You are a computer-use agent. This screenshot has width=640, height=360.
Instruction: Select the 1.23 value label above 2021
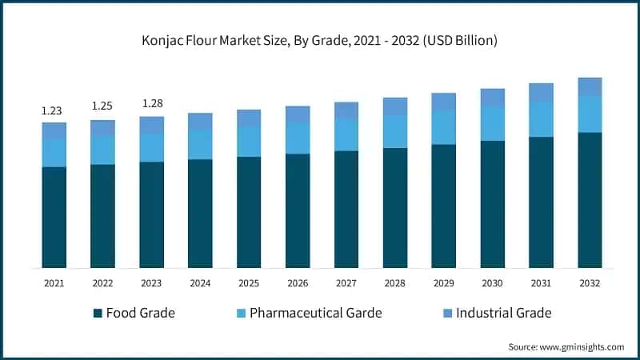coord(54,111)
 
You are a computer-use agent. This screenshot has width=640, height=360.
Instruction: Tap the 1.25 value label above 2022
coord(102,106)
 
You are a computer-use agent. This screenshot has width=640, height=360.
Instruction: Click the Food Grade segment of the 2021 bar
coord(54,217)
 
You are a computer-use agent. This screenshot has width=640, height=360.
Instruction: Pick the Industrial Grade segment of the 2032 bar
coord(590,86)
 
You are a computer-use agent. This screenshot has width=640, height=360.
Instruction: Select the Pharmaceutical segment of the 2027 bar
coord(346,134)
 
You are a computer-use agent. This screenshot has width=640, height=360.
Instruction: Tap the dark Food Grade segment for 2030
coord(492,204)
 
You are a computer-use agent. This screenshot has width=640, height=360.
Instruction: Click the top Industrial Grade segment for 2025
coord(249,118)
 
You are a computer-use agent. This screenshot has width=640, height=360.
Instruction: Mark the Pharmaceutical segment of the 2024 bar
coord(200,144)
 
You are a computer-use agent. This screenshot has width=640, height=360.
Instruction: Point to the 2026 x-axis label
coord(298,282)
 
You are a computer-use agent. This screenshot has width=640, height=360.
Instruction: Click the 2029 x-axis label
coord(443,282)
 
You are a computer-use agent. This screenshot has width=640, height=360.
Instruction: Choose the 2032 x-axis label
coord(590,282)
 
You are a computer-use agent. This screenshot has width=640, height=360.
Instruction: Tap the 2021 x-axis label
coord(54,282)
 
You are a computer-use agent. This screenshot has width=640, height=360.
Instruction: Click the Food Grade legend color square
coord(98,313)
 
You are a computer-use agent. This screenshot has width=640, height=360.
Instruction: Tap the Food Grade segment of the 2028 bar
coord(394,207)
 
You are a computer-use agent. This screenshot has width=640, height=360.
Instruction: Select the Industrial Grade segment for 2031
coord(541,92)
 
